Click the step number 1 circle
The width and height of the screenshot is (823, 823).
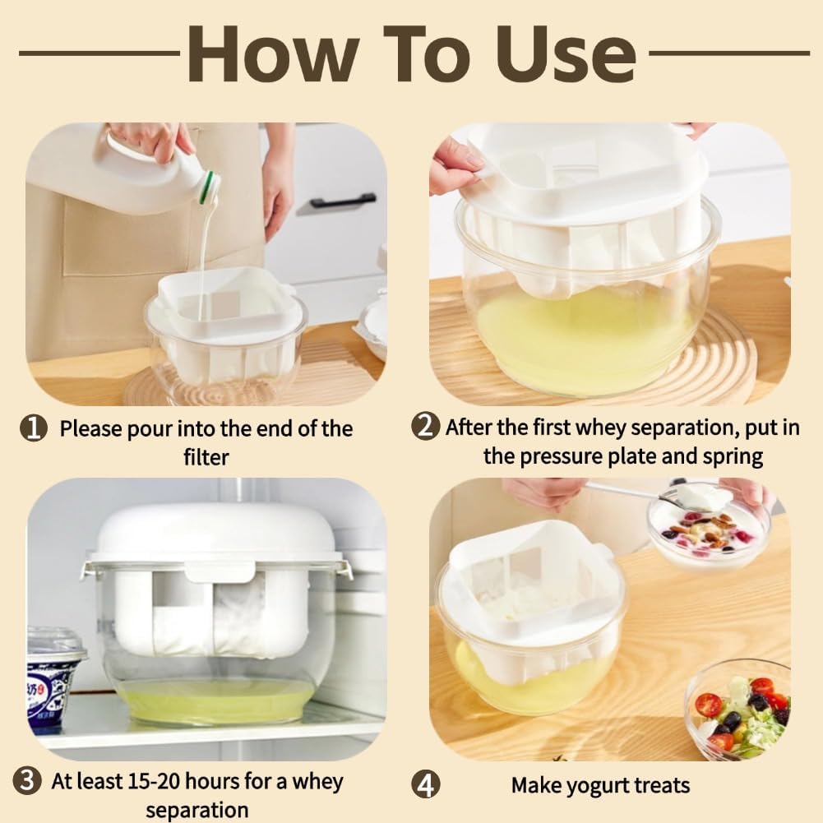click(x=34, y=429)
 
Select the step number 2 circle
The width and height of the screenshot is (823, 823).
click(x=425, y=427)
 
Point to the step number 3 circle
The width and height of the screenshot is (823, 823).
click(x=29, y=780)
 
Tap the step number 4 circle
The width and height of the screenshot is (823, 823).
click(x=425, y=784)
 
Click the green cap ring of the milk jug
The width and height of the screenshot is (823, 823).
click(x=210, y=186)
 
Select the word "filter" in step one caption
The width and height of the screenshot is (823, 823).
click(x=206, y=456)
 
